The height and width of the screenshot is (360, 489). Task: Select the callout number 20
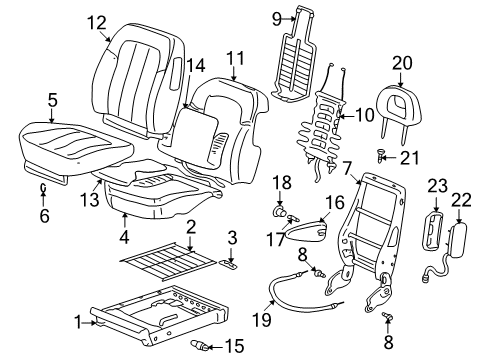tap(402, 63)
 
